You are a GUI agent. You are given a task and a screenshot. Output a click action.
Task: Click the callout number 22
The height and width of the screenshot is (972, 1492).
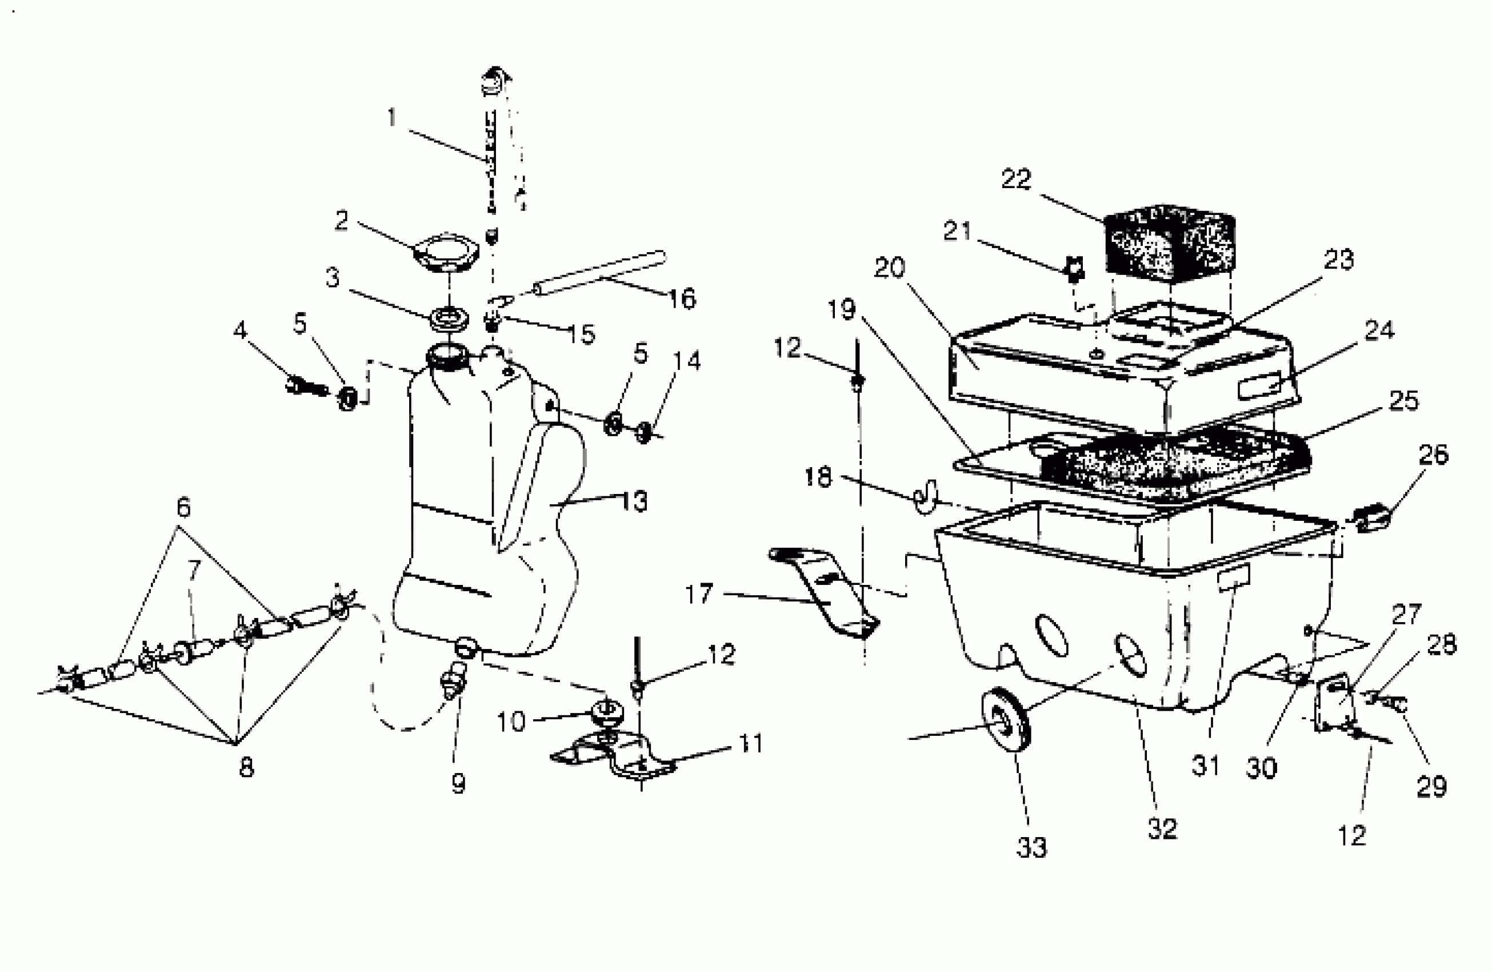pos(1016,180)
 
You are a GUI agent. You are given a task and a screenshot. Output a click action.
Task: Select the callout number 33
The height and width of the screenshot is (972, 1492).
pos(1032,847)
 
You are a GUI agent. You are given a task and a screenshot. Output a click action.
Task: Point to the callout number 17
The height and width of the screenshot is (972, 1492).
pos(699,593)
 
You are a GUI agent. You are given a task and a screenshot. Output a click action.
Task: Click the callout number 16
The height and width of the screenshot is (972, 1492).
pos(682,298)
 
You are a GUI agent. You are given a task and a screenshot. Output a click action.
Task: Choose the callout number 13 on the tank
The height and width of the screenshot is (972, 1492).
pos(634,501)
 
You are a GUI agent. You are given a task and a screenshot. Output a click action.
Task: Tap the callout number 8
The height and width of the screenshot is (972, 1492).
pos(246,767)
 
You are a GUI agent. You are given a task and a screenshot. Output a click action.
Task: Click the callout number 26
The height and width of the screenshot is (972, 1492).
pos(1433,455)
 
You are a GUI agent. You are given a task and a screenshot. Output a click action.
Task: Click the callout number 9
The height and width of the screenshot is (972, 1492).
pos(458,783)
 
